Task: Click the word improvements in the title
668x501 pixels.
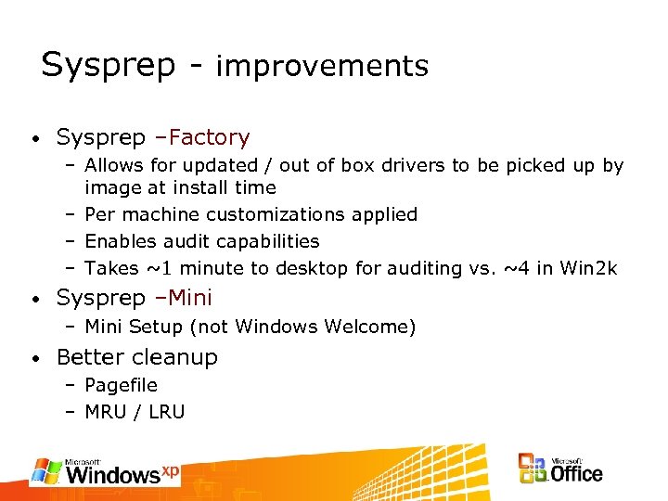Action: point(322,67)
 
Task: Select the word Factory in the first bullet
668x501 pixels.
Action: point(210,138)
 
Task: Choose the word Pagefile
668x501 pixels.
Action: point(121,385)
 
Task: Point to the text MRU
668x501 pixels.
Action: point(105,412)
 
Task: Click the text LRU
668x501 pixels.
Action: point(166,412)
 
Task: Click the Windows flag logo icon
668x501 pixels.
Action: point(45,470)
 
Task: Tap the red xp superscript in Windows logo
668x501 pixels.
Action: point(170,470)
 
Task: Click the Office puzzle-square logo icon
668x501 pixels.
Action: point(532,469)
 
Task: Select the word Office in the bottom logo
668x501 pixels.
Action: point(576,473)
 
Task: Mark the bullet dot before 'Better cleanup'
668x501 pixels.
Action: point(32,359)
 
